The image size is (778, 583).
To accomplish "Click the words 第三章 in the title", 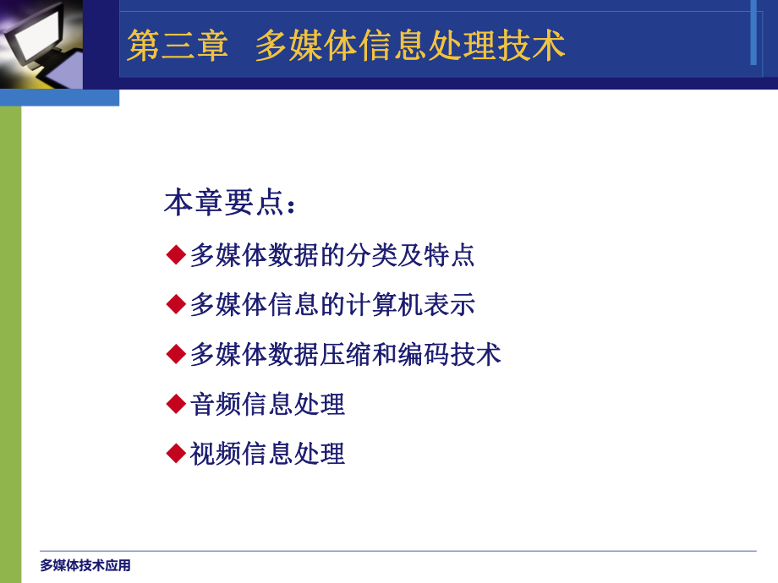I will tap(178, 46).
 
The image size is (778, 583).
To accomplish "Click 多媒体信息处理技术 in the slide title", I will tap(410, 46).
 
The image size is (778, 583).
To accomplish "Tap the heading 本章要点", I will tap(223, 204).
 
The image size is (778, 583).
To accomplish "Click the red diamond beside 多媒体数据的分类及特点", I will tap(176, 254).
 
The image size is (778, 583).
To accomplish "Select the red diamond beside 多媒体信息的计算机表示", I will tap(176, 304).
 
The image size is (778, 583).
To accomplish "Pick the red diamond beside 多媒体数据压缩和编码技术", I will tap(176, 354).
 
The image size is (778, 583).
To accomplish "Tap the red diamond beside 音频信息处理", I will tap(176, 404).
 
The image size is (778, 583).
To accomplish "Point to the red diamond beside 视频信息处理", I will tap(176, 454).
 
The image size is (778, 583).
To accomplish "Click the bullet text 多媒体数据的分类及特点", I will tap(332, 254).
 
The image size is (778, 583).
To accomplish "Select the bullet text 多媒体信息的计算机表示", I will tap(332, 304).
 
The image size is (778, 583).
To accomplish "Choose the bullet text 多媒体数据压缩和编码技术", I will tap(345, 354).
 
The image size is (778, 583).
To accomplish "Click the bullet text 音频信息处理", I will tap(267, 404).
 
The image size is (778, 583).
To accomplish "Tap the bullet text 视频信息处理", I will tap(267, 454).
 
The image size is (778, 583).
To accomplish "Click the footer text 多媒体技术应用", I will tap(85, 565).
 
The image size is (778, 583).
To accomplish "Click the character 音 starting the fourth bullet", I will tap(203, 404).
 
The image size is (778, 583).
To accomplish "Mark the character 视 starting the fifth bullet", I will tap(203, 454).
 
